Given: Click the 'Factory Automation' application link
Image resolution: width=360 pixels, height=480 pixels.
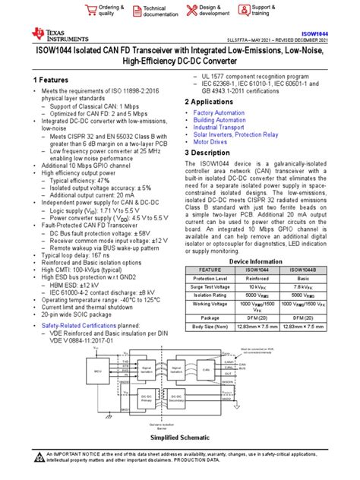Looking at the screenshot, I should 219,112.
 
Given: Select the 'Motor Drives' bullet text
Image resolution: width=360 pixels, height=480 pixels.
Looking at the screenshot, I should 211,141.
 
